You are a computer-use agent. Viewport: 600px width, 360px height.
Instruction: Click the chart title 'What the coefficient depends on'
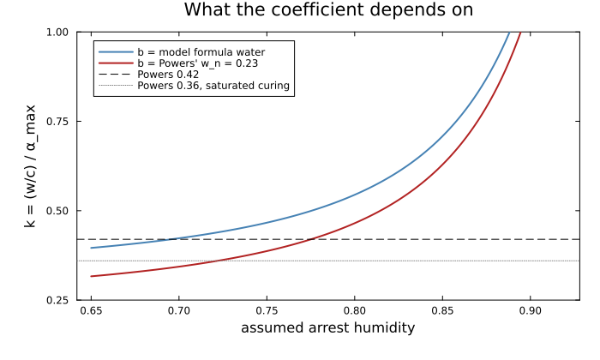(x=328, y=10)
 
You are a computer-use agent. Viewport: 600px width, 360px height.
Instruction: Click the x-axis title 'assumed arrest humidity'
(x=328, y=328)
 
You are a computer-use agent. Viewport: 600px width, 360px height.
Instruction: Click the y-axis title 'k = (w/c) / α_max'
(x=30, y=166)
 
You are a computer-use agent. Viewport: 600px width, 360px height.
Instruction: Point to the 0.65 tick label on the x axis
(x=91, y=310)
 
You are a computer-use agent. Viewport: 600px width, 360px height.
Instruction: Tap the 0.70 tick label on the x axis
(x=178, y=310)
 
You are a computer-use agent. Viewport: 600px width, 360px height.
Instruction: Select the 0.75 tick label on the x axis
(x=267, y=310)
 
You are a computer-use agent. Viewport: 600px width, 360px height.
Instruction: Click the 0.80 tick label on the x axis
(x=355, y=310)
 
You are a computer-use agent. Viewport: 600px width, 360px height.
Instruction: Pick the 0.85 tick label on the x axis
(x=442, y=310)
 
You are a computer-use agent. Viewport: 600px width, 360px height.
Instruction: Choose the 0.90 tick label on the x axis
(x=531, y=310)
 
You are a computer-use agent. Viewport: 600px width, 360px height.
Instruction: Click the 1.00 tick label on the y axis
(x=57, y=32)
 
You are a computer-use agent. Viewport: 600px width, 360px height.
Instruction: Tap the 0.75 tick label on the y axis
(x=57, y=122)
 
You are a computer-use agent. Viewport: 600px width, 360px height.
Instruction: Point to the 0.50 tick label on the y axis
(x=57, y=211)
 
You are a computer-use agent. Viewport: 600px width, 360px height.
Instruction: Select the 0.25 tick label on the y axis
(x=57, y=300)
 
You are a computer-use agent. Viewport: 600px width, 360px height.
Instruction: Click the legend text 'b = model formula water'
(x=201, y=52)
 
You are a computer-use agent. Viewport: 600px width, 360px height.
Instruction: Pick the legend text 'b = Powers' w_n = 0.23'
(x=198, y=63)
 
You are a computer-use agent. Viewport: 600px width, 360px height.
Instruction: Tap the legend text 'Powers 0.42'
(x=168, y=75)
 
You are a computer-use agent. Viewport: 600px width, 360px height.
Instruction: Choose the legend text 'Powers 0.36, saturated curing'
(x=213, y=86)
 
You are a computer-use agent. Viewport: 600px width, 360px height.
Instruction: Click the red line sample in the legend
(x=116, y=63)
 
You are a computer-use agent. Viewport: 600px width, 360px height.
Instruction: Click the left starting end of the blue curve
(x=91, y=248)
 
